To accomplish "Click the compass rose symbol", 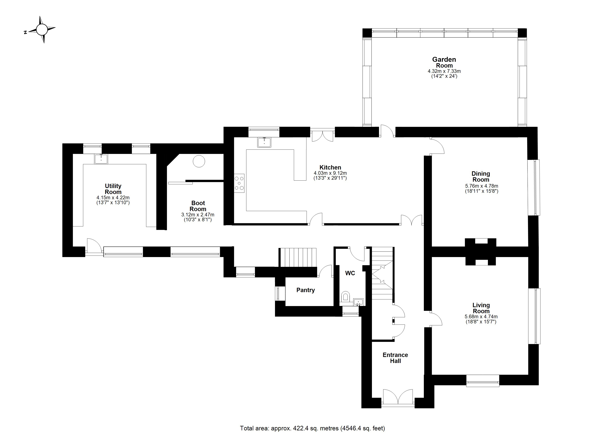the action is tap(42, 30).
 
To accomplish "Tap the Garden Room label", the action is tap(444, 62).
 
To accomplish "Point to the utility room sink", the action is tap(101, 159).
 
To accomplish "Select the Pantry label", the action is tap(305, 290).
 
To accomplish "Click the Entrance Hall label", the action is tap(395, 358).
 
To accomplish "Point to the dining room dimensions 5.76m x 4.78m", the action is tap(482, 186).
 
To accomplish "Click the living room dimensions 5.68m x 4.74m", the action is tap(481, 316).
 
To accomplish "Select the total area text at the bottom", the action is tap(312, 428).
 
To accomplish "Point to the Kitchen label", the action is tap(330, 167).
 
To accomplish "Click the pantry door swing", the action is tap(325, 271).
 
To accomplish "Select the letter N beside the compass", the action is tap(25, 33).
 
